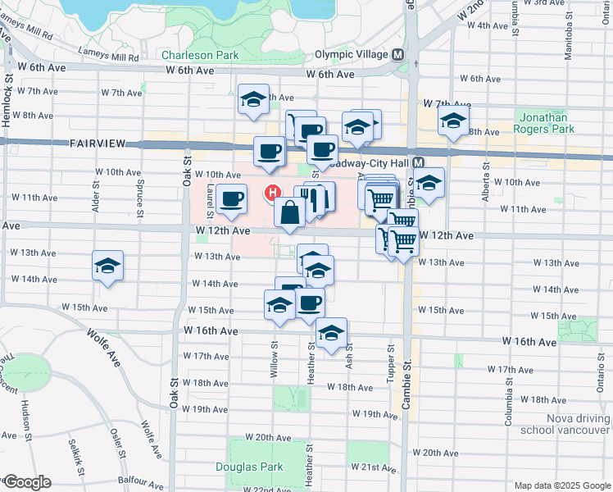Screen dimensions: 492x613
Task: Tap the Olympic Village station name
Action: click(350, 56)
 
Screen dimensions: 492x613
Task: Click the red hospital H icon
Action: click(270, 193)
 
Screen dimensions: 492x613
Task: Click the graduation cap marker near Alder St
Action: click(107, 266)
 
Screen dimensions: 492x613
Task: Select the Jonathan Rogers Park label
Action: click(547, 123)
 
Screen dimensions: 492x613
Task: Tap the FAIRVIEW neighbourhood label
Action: click(98, 143)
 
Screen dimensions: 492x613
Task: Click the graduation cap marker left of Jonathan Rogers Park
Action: click(452, 122)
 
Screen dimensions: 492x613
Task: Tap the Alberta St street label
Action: click(486, 175)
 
